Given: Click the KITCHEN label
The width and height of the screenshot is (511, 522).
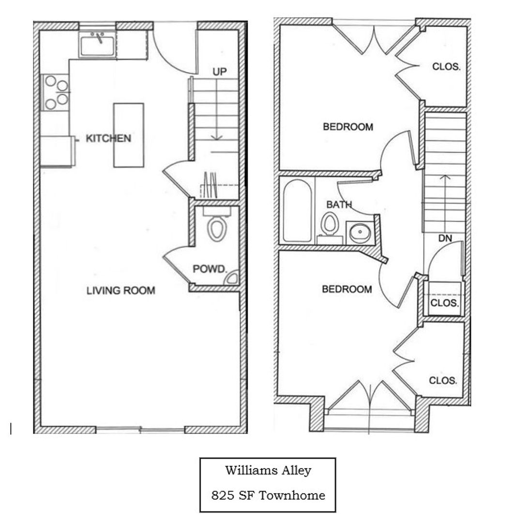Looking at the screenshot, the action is pyautogui.click(x=108, y=138).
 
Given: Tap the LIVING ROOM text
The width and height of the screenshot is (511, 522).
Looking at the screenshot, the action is pyautogui.click(x=120, y=290).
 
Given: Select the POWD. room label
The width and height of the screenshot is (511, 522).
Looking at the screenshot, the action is pyautogui.click(x=210, y=269).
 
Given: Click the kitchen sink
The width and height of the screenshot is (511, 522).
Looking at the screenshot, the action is pyautogui.click(x=97, y=45).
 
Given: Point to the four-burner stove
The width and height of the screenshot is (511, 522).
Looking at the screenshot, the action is pyautogui.click(x=55, y=92).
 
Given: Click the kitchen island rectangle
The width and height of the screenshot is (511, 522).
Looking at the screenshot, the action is pyautogui.click(x=129, y=135).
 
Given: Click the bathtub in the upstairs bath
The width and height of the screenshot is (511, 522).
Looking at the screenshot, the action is pyautogui.click(x=297, y=211).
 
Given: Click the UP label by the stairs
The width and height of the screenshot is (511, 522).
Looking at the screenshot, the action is pyautogui.click(x=220, y=72).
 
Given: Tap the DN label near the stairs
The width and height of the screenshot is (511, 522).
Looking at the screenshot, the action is pyautogui.click(x=445, y=238).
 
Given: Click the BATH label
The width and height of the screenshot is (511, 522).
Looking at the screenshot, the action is pyautogui.click(x=339, y=204).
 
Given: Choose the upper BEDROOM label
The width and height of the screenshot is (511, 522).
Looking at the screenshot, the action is pyautogui.click(x=348, y=127).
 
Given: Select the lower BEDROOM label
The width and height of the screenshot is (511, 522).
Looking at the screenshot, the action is pyautogui.click(x=347, y=290).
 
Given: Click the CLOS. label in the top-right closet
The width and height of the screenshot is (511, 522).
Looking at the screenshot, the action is pyautogui.click(x=446, y=67).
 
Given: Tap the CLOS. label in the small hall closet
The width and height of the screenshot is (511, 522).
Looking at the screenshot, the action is pyautogui.click(x=445, y=303).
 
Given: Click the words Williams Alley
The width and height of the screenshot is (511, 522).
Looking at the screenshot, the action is pyautogui.click(x=269, y=471).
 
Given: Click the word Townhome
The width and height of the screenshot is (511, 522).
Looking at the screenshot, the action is pyautogui.click(x=292, y=495).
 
